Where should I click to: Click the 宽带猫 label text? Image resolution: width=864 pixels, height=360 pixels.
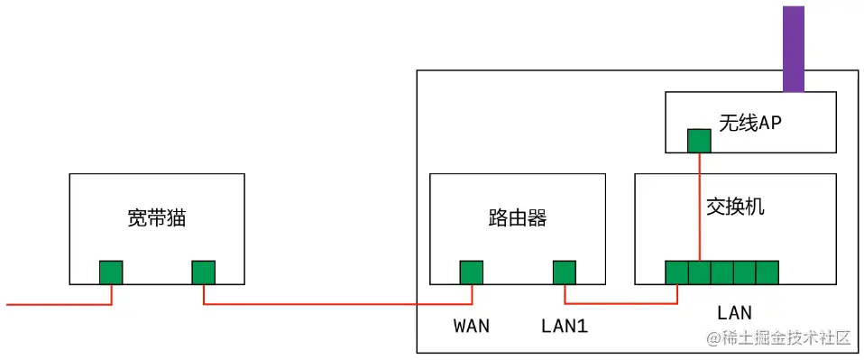click(157, 217)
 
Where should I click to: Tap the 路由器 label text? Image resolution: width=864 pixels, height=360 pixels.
click(517, 217)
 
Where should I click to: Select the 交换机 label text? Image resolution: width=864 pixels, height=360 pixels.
click(735, 207)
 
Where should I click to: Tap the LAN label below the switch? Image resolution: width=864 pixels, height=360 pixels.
click(734, 313)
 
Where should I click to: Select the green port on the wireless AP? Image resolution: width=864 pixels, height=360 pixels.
click(699, 141)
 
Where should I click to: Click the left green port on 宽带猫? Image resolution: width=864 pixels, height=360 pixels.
click(111, 272)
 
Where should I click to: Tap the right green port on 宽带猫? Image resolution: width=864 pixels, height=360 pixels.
click(203, 272)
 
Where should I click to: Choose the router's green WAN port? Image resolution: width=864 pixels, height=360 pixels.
click(471, 272)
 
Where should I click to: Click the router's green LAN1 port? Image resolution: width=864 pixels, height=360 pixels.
click(565, 272)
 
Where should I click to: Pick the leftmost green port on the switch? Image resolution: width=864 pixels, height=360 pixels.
click(676, 272)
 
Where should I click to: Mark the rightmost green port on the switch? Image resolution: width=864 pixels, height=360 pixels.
click(767, 272)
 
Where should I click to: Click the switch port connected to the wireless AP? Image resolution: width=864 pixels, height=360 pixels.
click(699, 272)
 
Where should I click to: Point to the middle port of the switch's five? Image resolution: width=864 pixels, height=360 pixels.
click(722, 272)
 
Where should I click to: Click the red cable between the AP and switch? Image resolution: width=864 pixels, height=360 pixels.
click(700, 208)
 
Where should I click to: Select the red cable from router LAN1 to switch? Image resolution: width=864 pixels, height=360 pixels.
click(622, 304)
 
